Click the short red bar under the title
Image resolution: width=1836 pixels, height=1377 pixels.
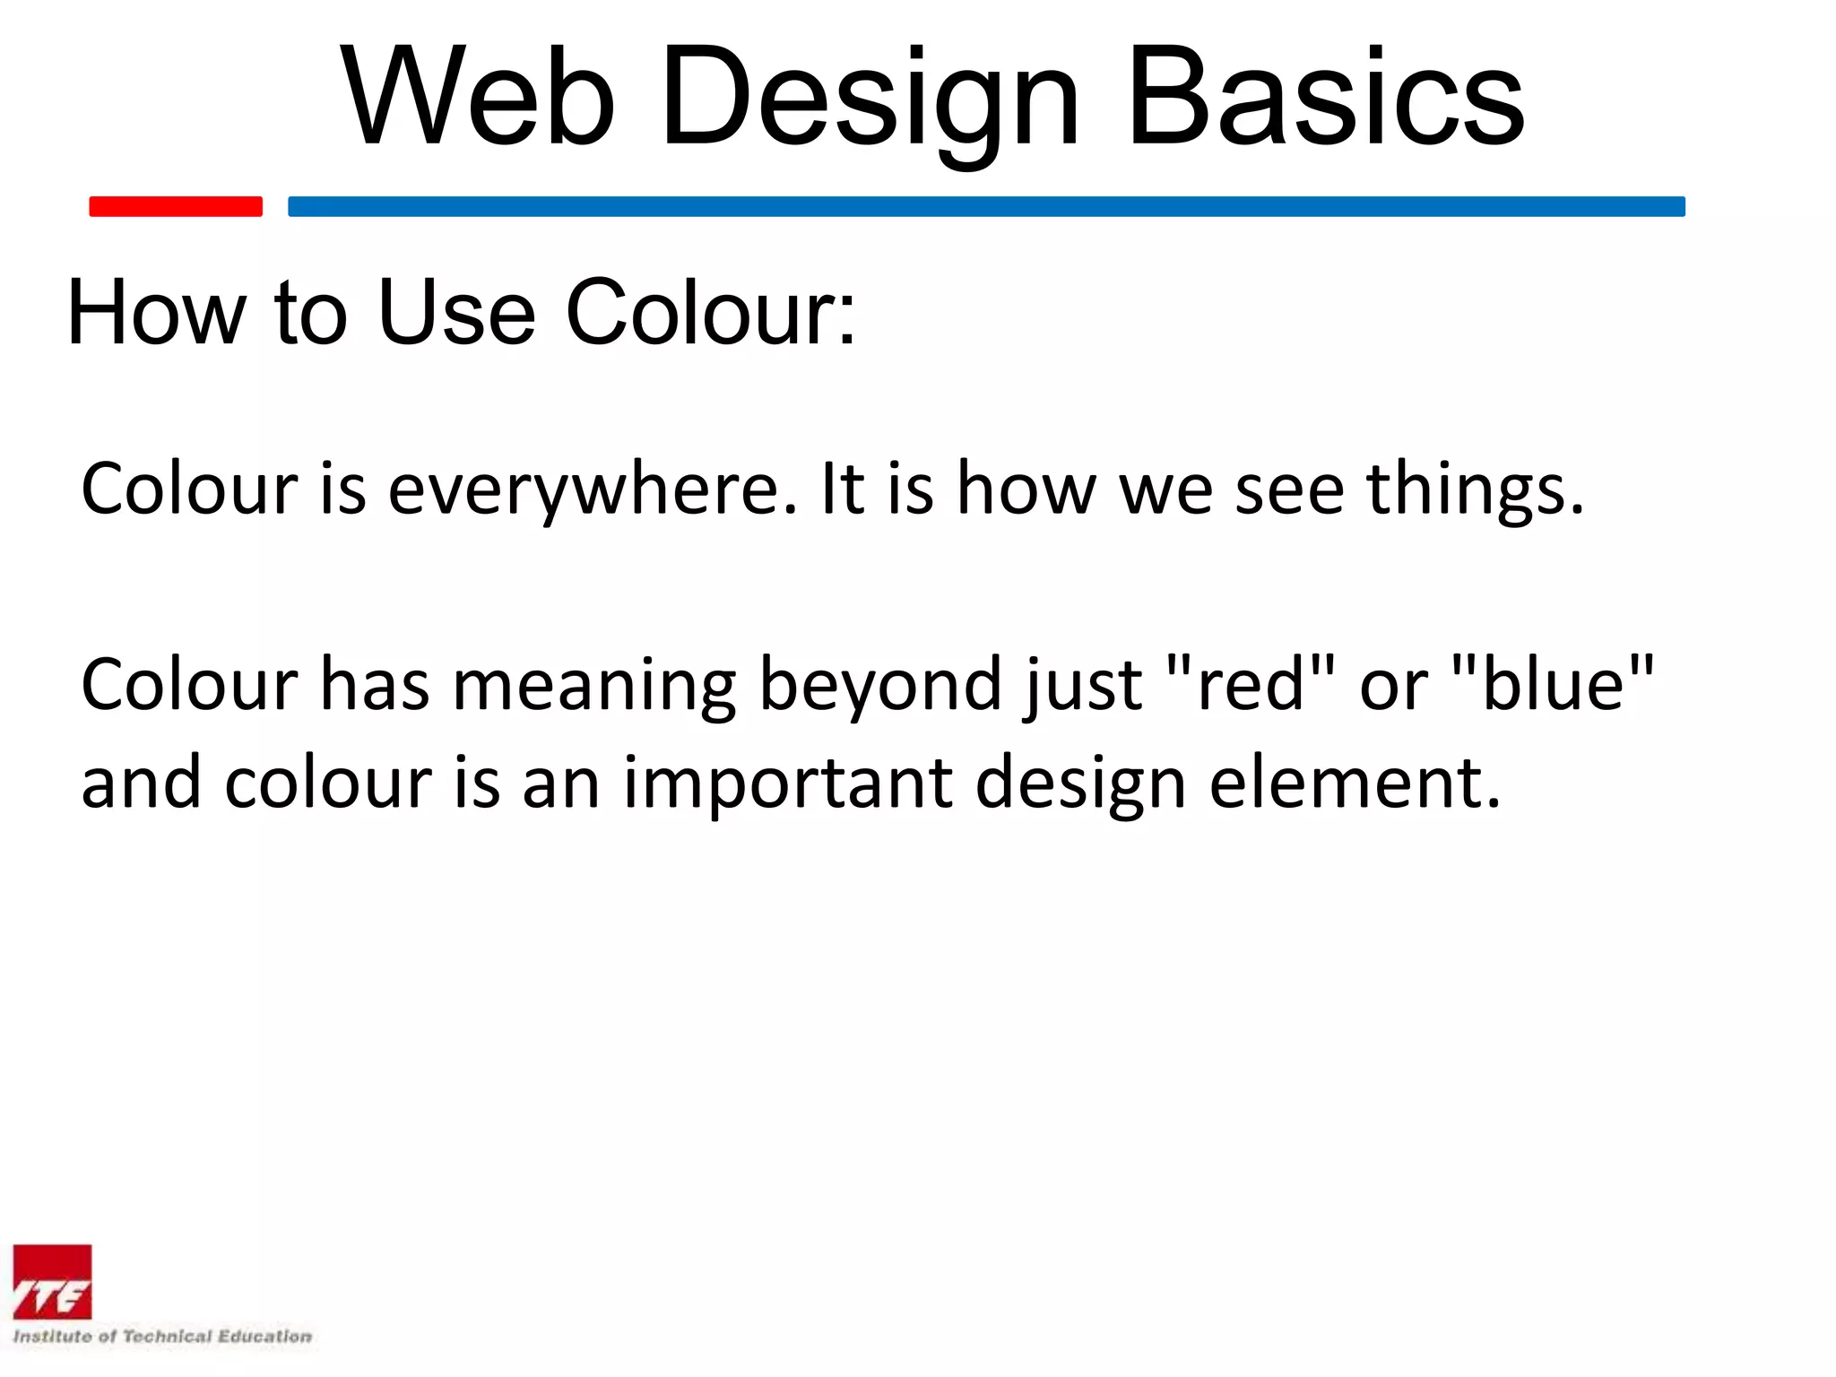tap(176, 206)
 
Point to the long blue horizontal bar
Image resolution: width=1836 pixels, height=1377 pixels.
tap(986, 206)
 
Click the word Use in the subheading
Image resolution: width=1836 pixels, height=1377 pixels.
tap(456, 312)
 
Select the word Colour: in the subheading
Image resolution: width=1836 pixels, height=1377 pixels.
tap(710, 312)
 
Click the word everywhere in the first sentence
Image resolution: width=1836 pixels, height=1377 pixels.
tap(592, 490)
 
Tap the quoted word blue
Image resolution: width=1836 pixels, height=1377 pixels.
tap(1553, 685)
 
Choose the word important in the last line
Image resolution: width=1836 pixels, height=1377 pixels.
tap(787, 784)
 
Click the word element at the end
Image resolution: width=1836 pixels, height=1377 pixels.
tap(1354, 784)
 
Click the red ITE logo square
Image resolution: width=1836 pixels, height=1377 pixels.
tap(52, 1282)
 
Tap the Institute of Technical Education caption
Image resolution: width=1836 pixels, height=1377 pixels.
tap(162, 1337)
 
